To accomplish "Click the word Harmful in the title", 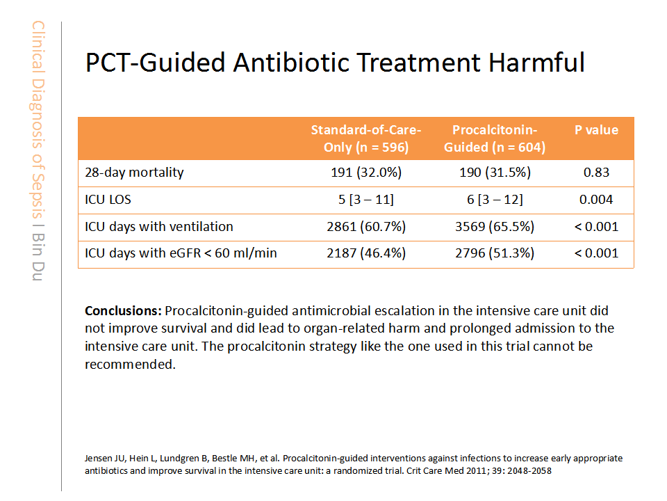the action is (x=536, y=62).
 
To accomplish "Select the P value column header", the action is (x=596, y=130).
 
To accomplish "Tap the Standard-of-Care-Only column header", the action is (x=366, y=138).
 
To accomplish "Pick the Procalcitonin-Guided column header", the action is (x=495, y=138).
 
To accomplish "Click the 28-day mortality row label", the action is (x=134, y=173).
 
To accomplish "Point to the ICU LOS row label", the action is (x=108, y=200).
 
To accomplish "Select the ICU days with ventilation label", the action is (x=159, y=226).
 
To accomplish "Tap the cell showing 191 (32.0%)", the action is (x=366, y=173).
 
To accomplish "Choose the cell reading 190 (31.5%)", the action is (x=495, y=173).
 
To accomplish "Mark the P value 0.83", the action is (x=596, y=173).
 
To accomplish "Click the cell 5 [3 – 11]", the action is (x=366, y=200).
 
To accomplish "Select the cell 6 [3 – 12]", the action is (x=495, y=200).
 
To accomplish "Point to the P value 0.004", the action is (x=596, y=200).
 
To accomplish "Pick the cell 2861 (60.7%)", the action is (x=366, y=226).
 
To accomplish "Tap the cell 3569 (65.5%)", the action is (x=495, y=226).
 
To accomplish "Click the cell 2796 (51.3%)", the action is (x=495, y=253).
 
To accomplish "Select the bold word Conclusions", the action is (x=123, y=310).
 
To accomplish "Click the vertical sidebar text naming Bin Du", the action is (x=38, y=257).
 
